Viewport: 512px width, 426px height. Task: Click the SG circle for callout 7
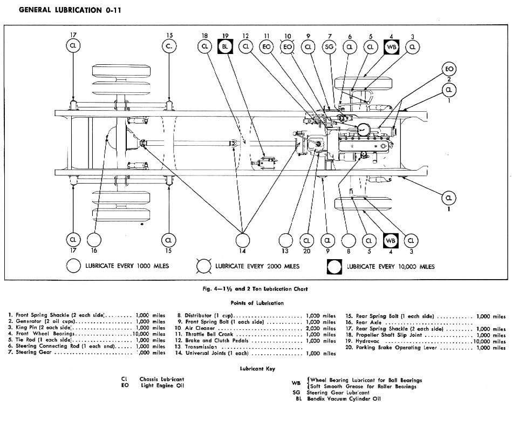tap(329, 47)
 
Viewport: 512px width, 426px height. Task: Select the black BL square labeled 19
tap(226, 47)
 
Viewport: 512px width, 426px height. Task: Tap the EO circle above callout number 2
tap(448, 69)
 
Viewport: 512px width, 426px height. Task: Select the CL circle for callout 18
tap(204, 47)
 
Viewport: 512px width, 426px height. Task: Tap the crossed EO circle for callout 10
tap(288, 47)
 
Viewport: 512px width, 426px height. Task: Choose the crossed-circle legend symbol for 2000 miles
tap(204, 266)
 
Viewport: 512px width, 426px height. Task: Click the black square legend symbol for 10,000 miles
tap(335, 266)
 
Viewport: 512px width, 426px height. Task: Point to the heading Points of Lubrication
tap(256, 303)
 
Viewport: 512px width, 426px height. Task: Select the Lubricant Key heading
tap(257, 369)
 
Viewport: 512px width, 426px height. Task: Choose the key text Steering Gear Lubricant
tap(338, 393)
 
